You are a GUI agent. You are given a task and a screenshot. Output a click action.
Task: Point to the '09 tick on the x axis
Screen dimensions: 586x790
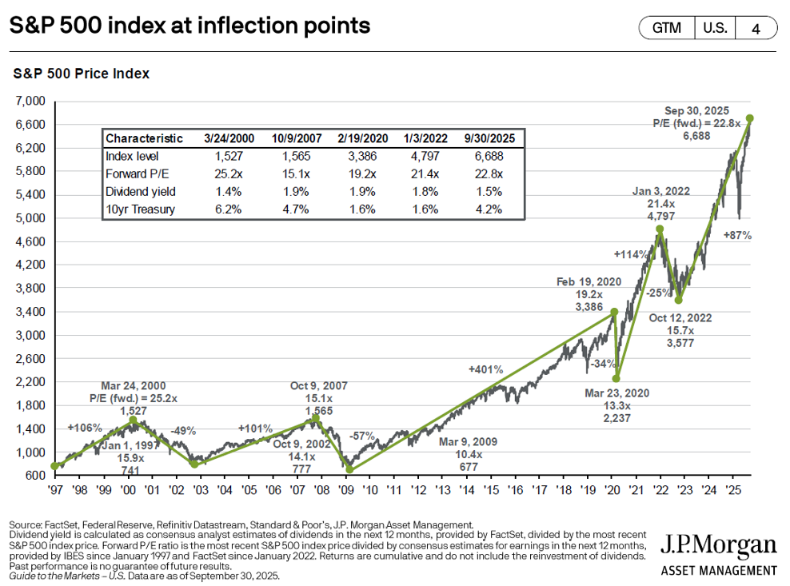coord(347,488)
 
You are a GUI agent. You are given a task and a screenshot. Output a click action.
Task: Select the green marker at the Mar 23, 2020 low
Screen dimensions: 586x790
coord(616,378)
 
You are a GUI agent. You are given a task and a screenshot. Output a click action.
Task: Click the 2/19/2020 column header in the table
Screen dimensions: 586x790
coord(362,138)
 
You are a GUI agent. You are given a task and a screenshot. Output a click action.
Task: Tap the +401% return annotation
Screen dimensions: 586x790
coord(486,370)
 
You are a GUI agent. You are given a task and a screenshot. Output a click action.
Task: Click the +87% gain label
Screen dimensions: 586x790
coord(736,236)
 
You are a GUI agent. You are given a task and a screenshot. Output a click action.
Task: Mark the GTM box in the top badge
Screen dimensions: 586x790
coord(667,28)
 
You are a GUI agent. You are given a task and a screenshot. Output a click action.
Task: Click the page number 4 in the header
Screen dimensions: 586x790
coord(756,28)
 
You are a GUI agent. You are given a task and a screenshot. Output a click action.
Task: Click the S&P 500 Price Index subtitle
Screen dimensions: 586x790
coord(82,74)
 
